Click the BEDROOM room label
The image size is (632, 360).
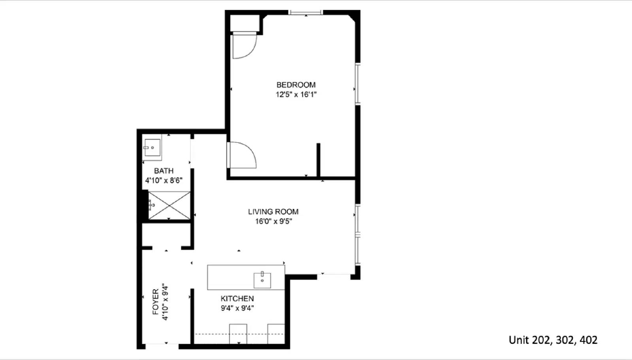(x=296, y=85)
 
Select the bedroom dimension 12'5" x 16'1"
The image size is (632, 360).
(x=296, y=95)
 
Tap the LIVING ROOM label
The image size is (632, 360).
(x=273, y=212)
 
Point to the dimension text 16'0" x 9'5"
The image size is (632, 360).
(x=273, y=221)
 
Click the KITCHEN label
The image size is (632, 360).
(x=237, y=299)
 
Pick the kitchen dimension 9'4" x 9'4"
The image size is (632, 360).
(x=237, y=308)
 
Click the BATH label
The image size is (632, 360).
(x=164, y=171)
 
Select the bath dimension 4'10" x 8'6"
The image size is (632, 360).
(x=164, y=181)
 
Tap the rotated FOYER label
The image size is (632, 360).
(x=155, y=302)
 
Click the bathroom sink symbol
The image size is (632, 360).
(x=152, y=148)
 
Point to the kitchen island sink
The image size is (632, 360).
(x=262, y=280)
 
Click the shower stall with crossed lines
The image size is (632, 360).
(x=169, y=205)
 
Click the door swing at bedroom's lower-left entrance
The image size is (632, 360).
(x=242, y=155)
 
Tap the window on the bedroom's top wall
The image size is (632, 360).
(x=306, y=13)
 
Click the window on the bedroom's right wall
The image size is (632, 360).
(x=357, y=84)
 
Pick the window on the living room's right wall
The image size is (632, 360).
(x=357, y=234)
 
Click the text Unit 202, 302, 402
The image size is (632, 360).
(x=553, y=340)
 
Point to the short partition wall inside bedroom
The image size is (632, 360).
(x=318, y=160)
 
